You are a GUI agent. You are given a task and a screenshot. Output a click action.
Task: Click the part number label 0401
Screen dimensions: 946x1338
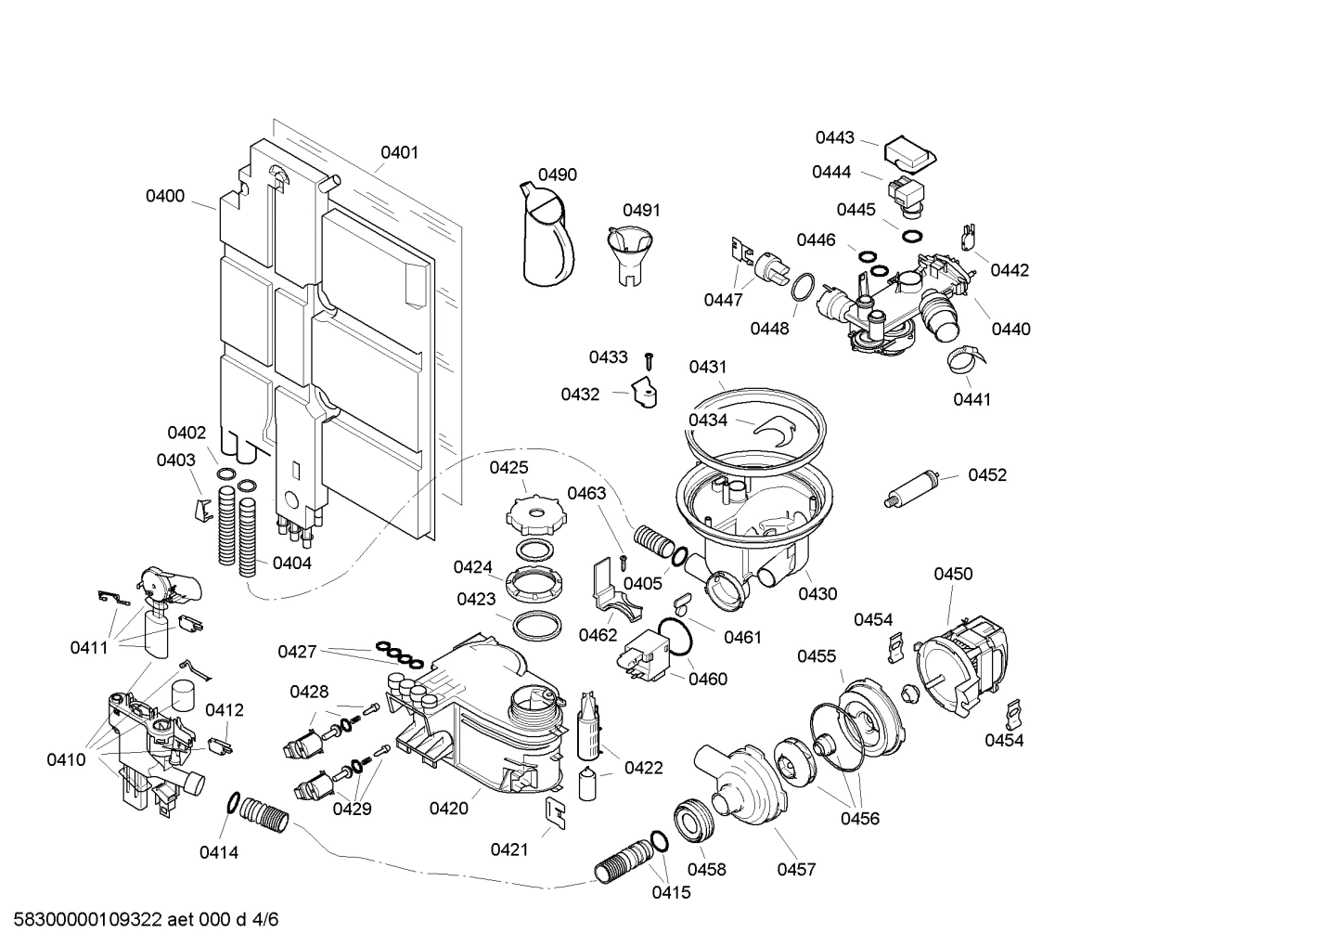coord(400,152)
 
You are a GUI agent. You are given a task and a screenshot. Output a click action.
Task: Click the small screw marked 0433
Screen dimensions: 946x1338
coord(651,358)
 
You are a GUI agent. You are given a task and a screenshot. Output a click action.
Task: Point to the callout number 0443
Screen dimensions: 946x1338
coord(834,137)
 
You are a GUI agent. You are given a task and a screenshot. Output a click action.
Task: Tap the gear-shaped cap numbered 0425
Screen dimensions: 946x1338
coord(532,512)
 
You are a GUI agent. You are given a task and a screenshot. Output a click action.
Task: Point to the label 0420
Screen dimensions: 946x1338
coord(448,809)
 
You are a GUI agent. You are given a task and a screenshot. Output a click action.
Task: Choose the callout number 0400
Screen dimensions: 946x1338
coord(165,196)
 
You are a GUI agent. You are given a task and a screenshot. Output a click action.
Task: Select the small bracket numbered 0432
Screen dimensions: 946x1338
coord(645,393)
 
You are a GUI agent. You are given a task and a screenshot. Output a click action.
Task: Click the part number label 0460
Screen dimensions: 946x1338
coord(708,679)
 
